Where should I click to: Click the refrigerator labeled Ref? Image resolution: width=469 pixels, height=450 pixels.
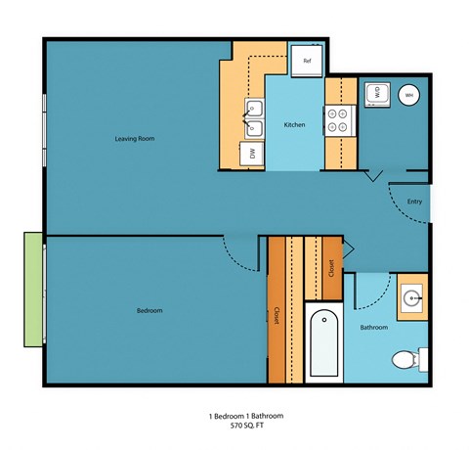tap(306, 61)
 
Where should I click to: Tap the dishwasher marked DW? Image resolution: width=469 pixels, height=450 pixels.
tap(252, 154)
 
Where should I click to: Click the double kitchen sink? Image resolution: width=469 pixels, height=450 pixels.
tap(256, 117)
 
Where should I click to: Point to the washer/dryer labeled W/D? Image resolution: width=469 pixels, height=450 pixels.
tap(375, 94)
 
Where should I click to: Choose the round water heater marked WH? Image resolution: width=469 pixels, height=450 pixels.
tap(408, 95)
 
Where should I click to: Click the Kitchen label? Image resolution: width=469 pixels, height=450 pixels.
tap(295, 126)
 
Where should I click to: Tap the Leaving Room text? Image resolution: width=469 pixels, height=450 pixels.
tap(134, 139)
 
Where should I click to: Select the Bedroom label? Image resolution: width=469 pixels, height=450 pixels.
tap(149, 310)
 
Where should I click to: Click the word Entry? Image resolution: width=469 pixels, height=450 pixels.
tap(414, 202)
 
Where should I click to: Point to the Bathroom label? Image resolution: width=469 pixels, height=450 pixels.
tap(374, 327)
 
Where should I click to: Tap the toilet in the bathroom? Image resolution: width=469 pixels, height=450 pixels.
tap(405, 360)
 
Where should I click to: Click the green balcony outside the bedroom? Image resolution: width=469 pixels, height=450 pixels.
tap(33, 289)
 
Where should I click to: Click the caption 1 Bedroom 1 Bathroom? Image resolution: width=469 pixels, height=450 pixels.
tap(234, 416)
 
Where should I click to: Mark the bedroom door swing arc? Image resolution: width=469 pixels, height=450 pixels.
tap(238, 256)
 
